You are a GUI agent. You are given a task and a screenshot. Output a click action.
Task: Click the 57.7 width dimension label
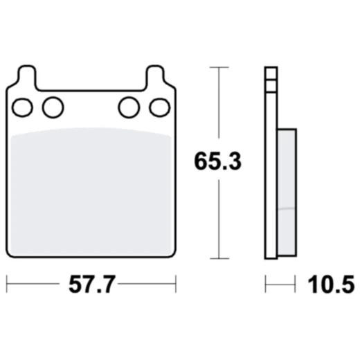(x=91, y=284)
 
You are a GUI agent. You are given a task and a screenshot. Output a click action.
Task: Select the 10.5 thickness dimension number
(x=330, y=284)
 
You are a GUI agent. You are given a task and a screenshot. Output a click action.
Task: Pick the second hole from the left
(x=52, y=107)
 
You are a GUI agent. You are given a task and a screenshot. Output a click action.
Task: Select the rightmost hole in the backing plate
(x=159, y=107)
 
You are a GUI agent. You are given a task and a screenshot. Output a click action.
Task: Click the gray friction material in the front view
(x=91, y=190)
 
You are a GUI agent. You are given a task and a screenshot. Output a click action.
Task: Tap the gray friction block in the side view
(x=287, y=187)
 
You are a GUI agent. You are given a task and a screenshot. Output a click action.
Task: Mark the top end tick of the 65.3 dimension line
(x=219, y=67)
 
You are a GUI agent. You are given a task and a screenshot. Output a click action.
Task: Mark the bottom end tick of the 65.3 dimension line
(x=219, y=258)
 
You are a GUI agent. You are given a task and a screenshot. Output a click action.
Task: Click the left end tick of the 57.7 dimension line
(x=6, y=284)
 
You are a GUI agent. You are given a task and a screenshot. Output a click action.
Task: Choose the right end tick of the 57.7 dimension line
(x=176, y=284)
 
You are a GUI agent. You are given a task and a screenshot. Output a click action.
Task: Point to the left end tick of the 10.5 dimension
(x=266, y=284)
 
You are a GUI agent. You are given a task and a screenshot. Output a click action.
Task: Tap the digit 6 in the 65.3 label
(x=201, y=163)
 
